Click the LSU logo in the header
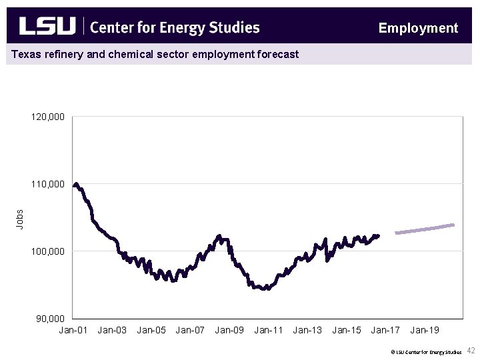tap(47, 26)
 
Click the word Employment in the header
tap(418, 28)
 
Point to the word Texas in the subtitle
tap(25, 54)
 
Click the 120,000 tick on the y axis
tap(48, 117)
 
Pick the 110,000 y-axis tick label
tap(48, 184)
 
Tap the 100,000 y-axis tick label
tap(48, 251)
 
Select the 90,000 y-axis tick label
tap(50, 319)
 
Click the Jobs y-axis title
tap(20, 219)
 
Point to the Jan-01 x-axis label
tap(73, 330)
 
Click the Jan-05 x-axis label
tap(151, 330)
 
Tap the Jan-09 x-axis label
tap(229, 330)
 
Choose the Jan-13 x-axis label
tap(307, 330)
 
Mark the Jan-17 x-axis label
tap(385, 330)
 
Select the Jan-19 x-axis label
tap(425, 330)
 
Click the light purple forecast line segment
tap(425, 229)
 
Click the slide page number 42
tap(471, 351)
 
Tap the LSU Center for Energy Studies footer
tap(427, 351)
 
